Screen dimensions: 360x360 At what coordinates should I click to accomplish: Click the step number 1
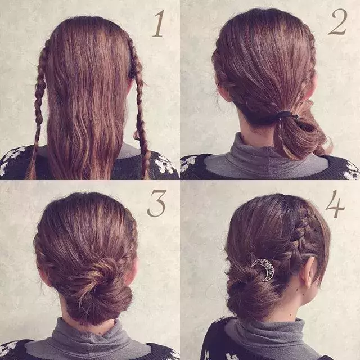(159, 24)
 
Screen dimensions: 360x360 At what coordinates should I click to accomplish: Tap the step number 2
(337, 22)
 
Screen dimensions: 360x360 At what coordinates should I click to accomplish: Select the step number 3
(157, 204)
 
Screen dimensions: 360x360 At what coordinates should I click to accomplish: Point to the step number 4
(335, 204)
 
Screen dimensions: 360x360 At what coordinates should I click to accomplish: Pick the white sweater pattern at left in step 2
(188, 163)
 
